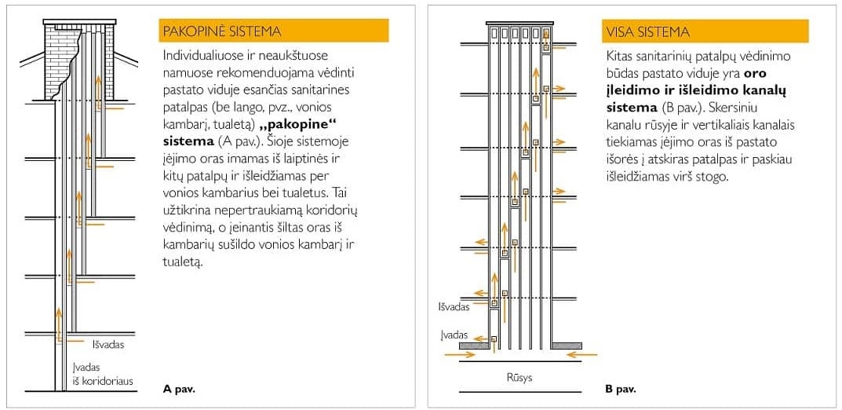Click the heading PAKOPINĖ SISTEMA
tap(221, 31)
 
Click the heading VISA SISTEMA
tap(647, 32)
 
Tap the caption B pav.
tap(620, 388)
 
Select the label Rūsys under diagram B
tap(519, 378)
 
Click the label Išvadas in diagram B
tap(454, 307)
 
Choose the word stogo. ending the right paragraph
tap(713, 177)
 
